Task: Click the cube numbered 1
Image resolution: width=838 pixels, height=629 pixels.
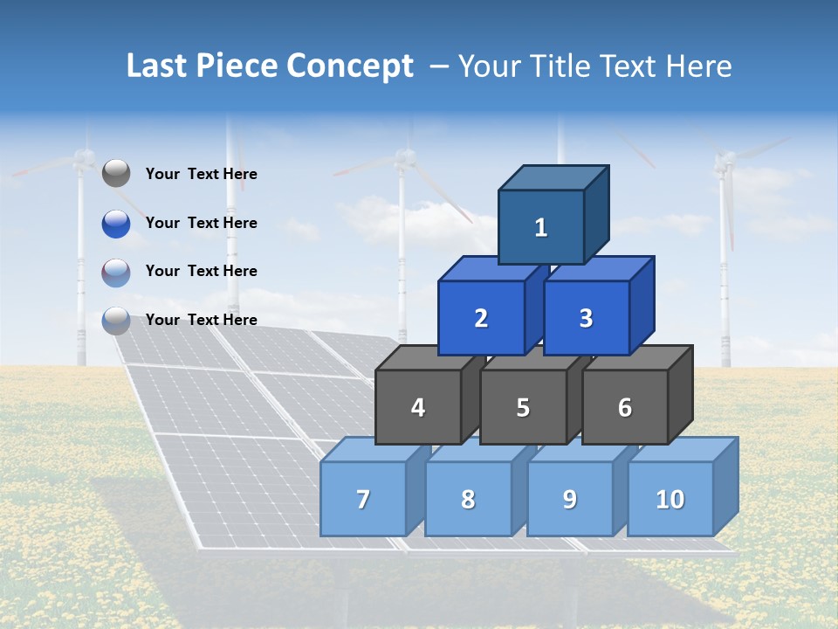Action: [x=541, y=227]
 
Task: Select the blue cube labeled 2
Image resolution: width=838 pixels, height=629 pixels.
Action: [x=481, y=318]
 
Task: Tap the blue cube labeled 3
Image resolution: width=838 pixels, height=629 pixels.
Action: [x=586, y=318]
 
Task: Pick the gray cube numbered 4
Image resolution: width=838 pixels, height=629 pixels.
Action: [x=418, y=407]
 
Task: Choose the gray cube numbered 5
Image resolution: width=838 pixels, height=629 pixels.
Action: [x=523, y=407]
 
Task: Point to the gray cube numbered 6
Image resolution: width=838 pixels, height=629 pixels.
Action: [x=624, y=407]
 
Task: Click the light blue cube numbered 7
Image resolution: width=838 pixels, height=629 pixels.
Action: [x=363, y=499]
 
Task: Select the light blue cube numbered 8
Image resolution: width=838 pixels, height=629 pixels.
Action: [x=468, y=499]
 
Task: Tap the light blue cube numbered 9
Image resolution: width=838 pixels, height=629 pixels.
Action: [x=569, y=499]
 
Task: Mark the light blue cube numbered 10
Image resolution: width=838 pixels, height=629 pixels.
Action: [x=670, y=499]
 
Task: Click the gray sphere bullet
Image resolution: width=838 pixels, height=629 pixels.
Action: [x=116, y=174]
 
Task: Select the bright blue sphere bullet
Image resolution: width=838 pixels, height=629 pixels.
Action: [x=116, y=223]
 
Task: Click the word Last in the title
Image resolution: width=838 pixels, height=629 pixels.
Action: [x=156, y=66]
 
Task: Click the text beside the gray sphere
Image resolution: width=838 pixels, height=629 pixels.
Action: [x=202, y=174]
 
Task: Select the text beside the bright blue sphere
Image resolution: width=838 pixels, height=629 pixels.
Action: [x=202, y=223]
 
